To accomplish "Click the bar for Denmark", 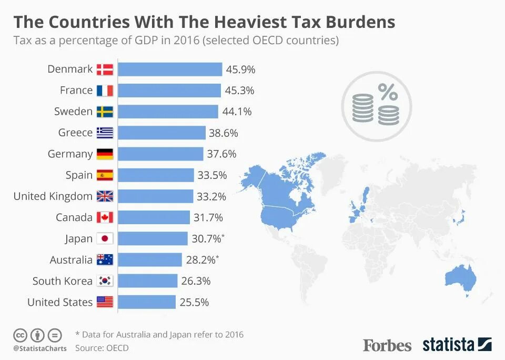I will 169,69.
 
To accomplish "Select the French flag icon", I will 105,91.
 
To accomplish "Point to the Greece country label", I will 75,133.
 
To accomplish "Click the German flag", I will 105,154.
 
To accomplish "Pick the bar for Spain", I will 156,175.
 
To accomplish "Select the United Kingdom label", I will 53,196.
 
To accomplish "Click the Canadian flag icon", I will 105,217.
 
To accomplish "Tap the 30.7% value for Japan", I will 206,238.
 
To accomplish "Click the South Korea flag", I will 105,281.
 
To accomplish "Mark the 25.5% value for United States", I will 195,302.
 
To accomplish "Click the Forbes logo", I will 387,345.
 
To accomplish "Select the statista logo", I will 457,345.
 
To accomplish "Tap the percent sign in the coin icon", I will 388,93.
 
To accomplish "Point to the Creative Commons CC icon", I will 20,335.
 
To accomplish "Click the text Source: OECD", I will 102,348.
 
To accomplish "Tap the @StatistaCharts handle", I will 40,348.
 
